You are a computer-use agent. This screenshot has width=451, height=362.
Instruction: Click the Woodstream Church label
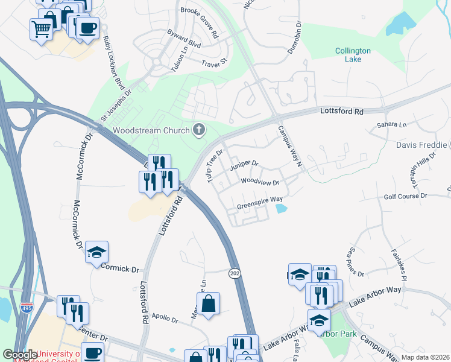(151, 130)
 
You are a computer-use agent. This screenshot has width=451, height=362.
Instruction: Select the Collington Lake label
(361, 56)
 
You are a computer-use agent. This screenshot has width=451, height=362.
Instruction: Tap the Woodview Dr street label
(260, 182)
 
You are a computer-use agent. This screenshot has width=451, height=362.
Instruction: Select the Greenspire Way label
(260, 203)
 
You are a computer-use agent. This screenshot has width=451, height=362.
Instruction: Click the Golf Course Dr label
(405, 197)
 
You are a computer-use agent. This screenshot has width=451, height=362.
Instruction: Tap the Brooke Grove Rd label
(200, 14)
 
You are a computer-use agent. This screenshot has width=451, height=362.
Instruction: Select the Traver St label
(214, 62)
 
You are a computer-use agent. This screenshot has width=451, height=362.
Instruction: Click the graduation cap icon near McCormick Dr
(96, 253)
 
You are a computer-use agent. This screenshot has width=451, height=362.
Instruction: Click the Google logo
(20, 355)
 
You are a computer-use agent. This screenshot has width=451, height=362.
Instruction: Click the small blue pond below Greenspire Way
(281, 209)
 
